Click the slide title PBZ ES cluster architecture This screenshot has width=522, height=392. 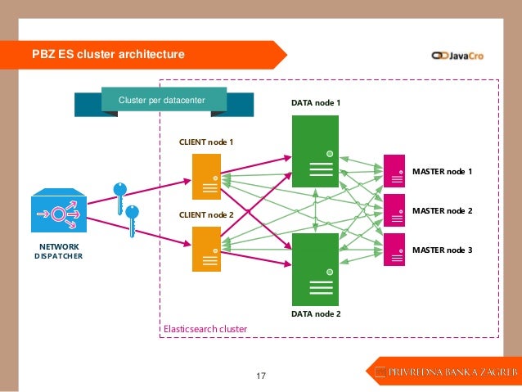tap(108, 55)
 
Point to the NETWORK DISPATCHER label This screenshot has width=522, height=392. tap(58, 251)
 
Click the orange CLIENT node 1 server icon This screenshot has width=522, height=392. tap(206, 177)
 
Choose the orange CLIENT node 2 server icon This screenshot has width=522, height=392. tap(206, 249)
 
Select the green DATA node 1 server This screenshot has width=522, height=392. tap(315, 151)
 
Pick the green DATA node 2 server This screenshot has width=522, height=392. tap(315, 268)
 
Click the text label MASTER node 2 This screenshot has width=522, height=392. tap(442, 211)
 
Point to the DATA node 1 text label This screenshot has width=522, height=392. tap(316, 104)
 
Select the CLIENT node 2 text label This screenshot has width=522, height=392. tap(206, 214)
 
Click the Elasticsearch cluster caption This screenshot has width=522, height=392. tap(205, 328)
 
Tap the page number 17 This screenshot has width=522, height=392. tap(262, 376)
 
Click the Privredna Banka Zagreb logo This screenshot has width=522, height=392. tap(445, 373)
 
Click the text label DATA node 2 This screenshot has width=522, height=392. tap(316, 313)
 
